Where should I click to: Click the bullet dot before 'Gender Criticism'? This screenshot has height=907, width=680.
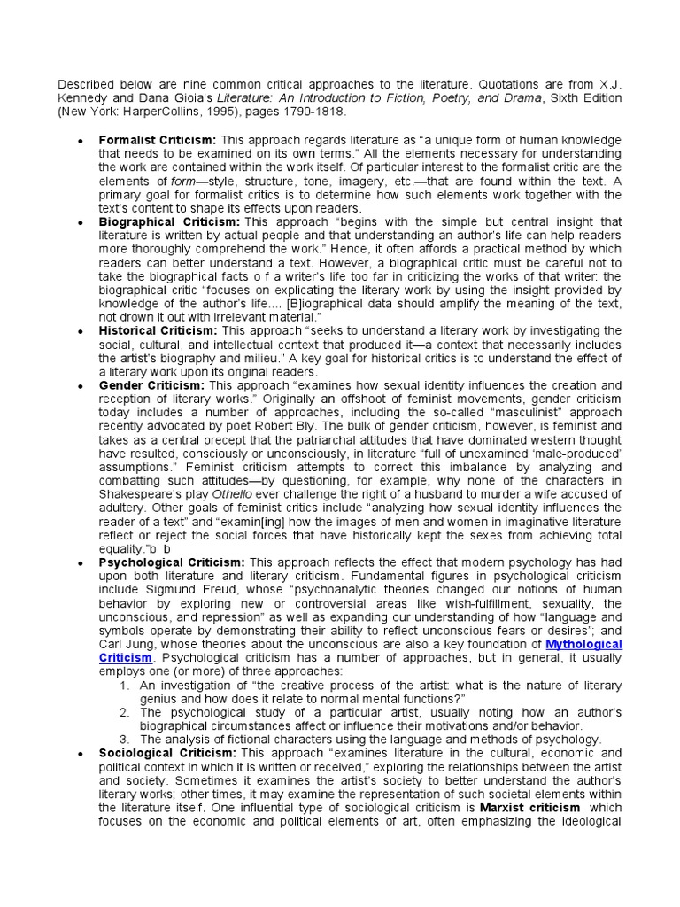[81, 387]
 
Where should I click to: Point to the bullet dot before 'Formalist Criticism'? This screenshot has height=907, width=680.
[81, 141]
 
